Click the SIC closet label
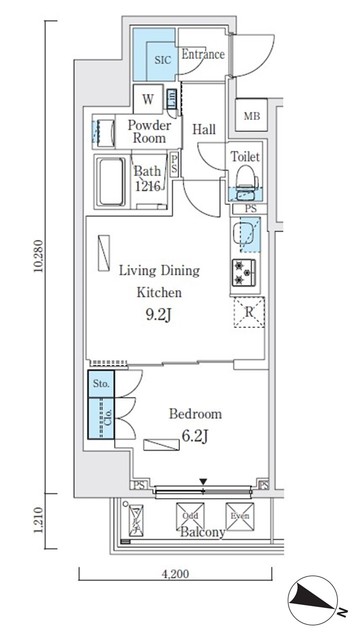162,60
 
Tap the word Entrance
202,55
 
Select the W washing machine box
147,99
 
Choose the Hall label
204,129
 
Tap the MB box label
251,116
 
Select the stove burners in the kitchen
246,271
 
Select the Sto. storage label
100,382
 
